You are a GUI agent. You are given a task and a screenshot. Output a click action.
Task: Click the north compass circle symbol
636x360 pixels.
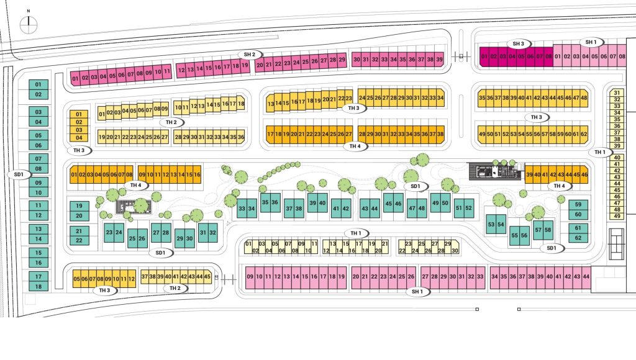click(x=29, y=25)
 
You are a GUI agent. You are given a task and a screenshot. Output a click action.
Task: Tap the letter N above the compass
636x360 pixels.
click(x=29, y=11)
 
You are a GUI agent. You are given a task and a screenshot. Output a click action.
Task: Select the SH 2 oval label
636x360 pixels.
click(x=250, y=55)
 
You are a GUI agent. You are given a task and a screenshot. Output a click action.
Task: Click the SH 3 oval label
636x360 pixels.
click(x=518, y=44)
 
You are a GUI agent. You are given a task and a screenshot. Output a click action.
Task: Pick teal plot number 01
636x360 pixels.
click(x=39, y=85)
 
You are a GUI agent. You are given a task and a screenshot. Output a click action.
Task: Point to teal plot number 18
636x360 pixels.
click(x=39, y=286)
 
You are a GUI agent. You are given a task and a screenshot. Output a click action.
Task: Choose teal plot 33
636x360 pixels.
click(x=242, y=209)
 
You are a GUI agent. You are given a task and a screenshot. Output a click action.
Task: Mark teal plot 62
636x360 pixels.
click(x=578, y=238)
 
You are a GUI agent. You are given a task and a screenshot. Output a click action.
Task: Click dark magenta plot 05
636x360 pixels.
click(x=521, y=56)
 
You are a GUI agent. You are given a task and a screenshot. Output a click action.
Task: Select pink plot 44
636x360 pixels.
click(x=586, y=277)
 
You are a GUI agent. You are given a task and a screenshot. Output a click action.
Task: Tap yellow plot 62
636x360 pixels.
click(x=584, y=134)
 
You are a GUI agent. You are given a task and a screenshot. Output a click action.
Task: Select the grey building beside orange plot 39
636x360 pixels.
click(x=495, y=171)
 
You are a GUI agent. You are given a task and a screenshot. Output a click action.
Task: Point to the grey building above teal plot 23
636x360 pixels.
click(x=134, y=206)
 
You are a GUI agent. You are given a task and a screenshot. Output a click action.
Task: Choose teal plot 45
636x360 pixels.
click(x=388, y=204)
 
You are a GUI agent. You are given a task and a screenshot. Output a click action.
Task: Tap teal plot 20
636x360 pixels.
click(x=79, y=215)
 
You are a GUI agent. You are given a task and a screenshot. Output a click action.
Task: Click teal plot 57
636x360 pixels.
click(x=538, y=230)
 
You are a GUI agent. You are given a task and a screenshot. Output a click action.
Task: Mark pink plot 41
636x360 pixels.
click(x=558, y=277)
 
